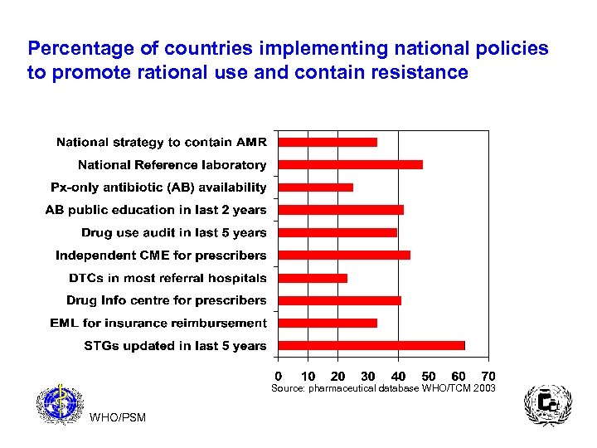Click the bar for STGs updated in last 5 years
point(371,345)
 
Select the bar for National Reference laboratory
point(350,164)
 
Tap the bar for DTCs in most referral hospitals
point(313,278)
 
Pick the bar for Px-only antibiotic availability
point(315,187)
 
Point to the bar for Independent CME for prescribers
point(344,255)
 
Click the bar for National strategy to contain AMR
point(328,142)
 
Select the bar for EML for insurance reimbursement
point(328,323)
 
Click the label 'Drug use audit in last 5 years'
point(173,232)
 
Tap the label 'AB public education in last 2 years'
point(156,210)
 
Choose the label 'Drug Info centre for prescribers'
point(167,300)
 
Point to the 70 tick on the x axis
point(488,377)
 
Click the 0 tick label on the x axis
point(279,377)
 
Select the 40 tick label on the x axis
point(398,377)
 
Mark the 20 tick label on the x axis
point(338,377)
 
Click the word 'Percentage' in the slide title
point(74,48)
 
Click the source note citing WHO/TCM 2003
point(383,388)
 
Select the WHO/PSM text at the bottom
point(118,417)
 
